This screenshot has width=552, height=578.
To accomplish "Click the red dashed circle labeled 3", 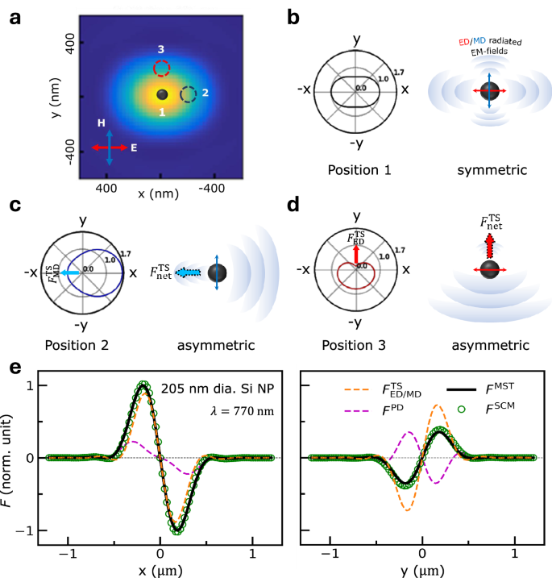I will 162,69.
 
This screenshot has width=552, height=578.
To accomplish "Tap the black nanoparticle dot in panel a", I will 162,94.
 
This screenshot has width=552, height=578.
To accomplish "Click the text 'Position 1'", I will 354,170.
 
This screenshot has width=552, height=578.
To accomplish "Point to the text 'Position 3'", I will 354,346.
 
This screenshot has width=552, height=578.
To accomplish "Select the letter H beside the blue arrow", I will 101,123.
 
